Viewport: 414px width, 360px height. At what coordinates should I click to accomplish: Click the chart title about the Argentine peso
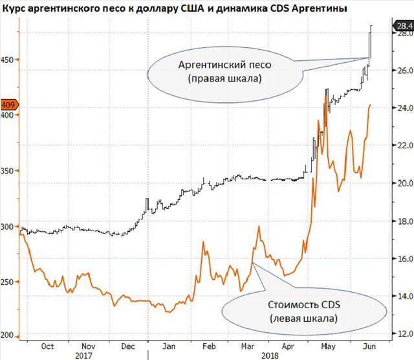coord(174,9)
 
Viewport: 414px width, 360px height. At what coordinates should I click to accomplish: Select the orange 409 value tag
coord(9,104)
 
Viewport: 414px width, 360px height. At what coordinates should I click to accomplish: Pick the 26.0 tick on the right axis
coord(403,71)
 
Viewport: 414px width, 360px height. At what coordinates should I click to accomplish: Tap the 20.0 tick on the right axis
coord(403,183)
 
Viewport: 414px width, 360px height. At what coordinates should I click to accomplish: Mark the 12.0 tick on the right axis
coord(403,333)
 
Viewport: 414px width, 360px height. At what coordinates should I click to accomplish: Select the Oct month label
coord(47,346)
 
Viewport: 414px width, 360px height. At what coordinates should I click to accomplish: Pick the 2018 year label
coord(267,355)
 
